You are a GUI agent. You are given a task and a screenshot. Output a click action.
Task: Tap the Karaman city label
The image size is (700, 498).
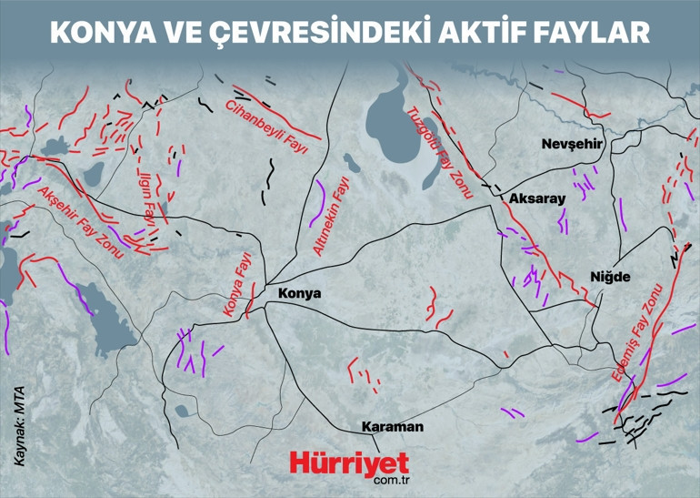pos(392,426)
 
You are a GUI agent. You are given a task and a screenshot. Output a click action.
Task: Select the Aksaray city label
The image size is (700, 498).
pos(537,198)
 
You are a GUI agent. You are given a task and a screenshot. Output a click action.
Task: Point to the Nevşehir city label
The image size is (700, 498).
pos(573,145)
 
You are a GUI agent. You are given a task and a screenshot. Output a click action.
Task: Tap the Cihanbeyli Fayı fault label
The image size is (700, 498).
pos(267,127)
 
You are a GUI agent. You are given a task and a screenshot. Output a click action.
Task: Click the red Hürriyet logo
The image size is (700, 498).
pos(349,462)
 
